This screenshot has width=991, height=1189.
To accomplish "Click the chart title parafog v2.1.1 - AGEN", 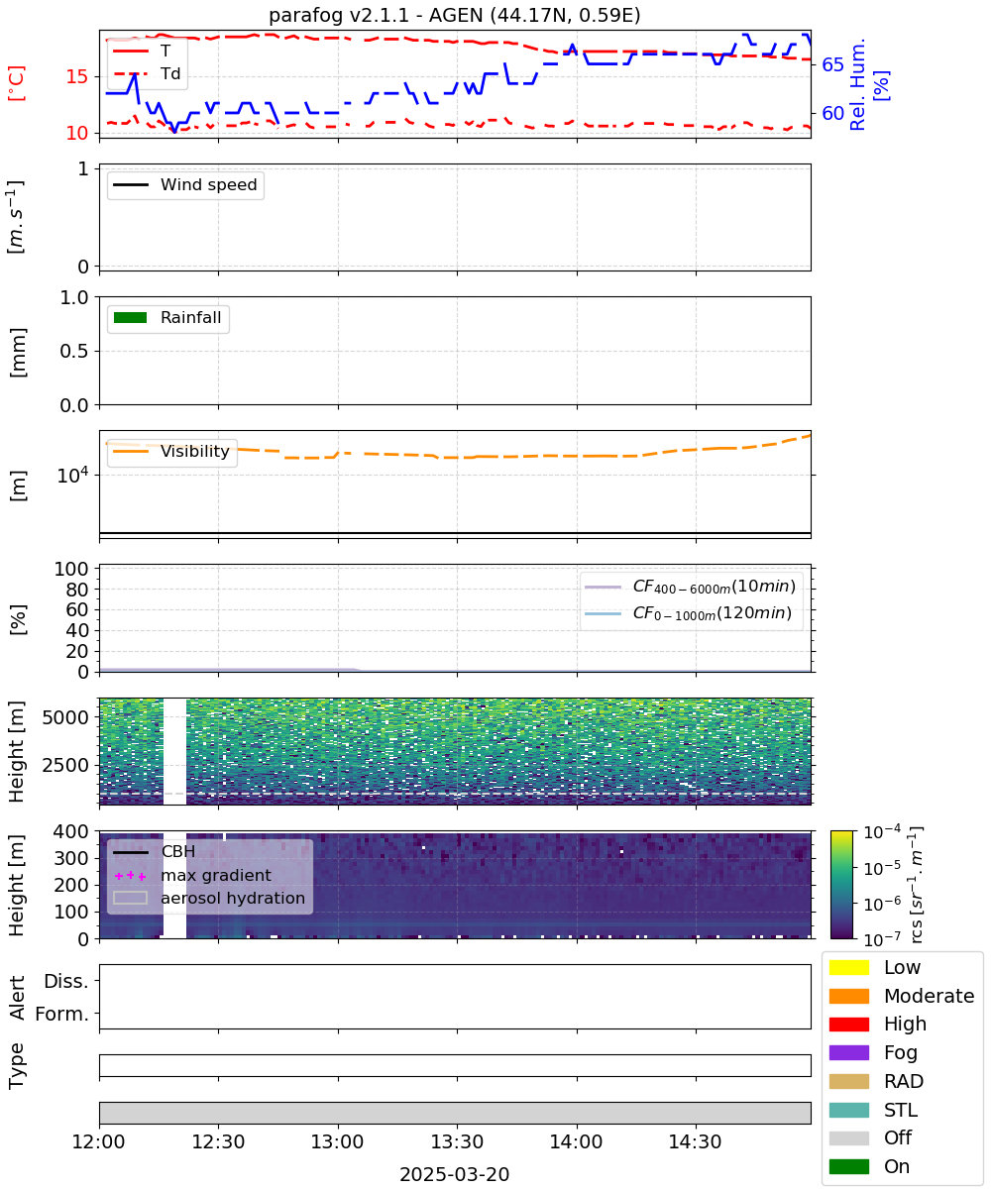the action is click(454, 15).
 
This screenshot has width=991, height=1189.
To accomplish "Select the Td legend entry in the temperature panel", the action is click(147, 74).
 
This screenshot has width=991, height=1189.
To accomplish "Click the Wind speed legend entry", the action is click(185, 184).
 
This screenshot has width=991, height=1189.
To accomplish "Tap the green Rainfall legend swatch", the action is click(131, 317).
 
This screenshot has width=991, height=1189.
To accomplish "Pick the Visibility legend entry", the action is click(170, 451).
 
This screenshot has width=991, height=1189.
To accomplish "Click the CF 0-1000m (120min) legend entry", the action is click(688, 612).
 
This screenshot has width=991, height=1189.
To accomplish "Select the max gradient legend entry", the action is click(192, 875).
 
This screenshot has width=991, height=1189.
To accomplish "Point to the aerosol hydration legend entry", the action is click(209, 898).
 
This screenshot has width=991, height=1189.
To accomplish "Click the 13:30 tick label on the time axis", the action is click(457, 1141).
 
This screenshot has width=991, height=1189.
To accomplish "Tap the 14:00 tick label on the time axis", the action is click(577, 1141).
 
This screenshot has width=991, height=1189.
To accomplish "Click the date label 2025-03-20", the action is click(454, 1174).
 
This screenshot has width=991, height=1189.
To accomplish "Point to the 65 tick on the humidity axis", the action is click(832, 64).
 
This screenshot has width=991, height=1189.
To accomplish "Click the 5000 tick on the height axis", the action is click(65, 717).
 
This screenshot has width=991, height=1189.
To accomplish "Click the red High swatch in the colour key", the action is click(848, 1024).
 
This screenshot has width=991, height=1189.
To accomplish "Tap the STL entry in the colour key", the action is click(873, 1110).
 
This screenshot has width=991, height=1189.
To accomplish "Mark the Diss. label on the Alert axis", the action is click(66, 981).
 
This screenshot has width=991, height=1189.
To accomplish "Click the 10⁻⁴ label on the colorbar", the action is click(882, 832).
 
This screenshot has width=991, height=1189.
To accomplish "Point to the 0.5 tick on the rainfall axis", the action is click(74, 351).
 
